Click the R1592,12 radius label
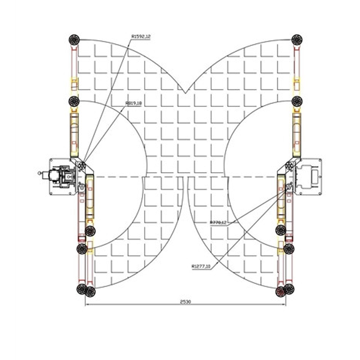[141, 36]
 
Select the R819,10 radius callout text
[134, 104]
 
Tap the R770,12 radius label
[218, 222]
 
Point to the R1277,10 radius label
[201, 266]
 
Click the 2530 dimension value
[185, 302]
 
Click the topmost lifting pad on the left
[74, 40]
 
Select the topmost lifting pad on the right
[297, 40]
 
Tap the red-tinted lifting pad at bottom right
[281, 292]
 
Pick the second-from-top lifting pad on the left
[74, 101]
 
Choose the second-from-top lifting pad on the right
[297, 101]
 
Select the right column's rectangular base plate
[308, 176]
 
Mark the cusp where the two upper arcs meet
[185, 92]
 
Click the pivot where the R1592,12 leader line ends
[82, 165]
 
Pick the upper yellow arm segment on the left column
[74, 135]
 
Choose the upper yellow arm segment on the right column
[296, 135]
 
